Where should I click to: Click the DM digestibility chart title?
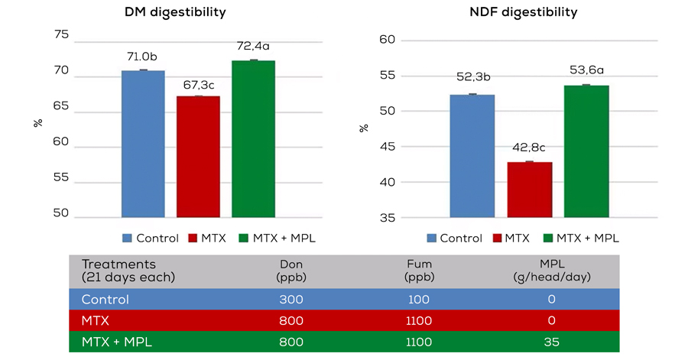click(175, 12)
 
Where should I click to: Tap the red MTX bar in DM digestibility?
click(198, 157)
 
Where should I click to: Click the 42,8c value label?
click(530, 148)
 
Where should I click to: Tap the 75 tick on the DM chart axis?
click(60, 35)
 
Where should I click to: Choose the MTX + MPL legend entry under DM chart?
click(277, 238)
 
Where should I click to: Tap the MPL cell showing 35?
click(551, 342)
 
